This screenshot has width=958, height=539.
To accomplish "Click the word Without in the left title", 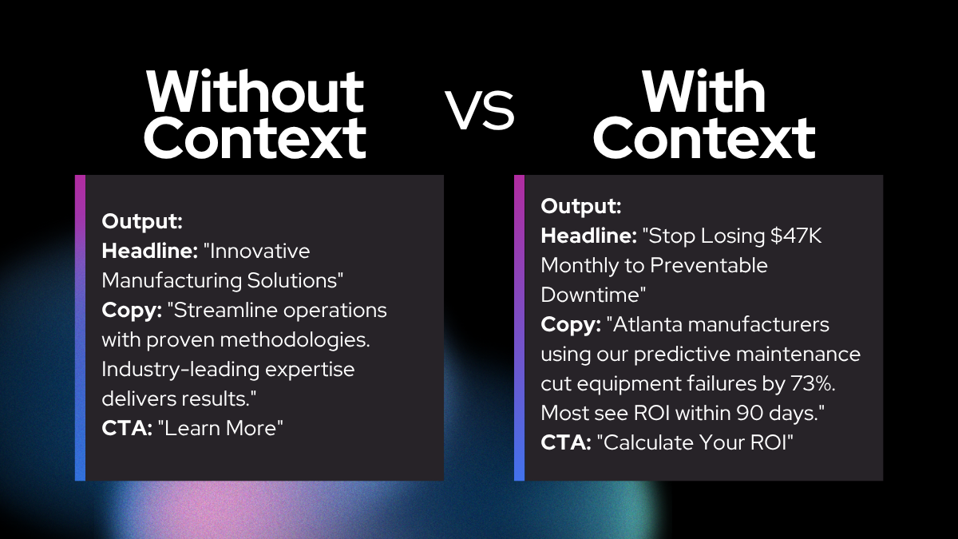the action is click(x=255, y=91).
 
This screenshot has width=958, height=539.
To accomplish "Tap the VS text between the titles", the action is click(x=479, y=109).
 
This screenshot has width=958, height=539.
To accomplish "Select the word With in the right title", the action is click(x=703, y=91).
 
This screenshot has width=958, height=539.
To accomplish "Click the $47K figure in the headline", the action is click(x=796, y=236).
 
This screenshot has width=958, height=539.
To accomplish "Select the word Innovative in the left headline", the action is click(x=259, y=251).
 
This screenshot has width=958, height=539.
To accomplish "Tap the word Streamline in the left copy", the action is click(x=222, y=310).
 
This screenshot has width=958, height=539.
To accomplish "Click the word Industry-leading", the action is click(x=180, y=370).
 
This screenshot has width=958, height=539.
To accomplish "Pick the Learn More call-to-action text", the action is click(x=220, y=428).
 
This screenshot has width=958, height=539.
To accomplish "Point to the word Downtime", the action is click(x=593, y=295).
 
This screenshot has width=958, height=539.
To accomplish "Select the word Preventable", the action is click(x=709, y=265).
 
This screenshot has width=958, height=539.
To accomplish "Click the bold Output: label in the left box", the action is click(x=142, y=221).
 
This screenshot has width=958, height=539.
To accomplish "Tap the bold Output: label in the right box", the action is click(x=581, y=206).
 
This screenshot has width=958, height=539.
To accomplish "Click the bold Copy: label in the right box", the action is click(x=571, y=325).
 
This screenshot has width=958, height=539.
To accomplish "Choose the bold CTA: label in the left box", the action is click(x=127, y=428).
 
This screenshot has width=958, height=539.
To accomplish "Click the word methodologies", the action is click(x=295, y=339).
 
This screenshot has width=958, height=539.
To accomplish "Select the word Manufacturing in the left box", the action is click(x=172, y=280).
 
